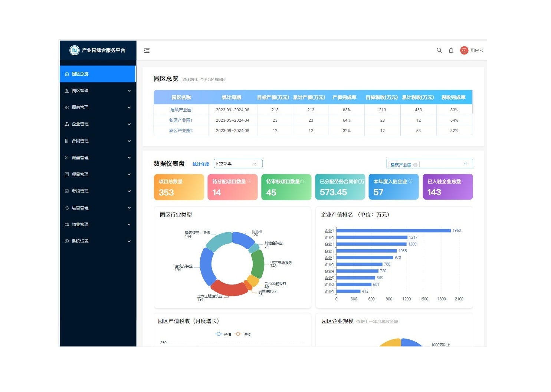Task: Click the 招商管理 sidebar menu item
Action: (x=80, y=108)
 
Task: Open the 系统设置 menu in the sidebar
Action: (x=80, y=241)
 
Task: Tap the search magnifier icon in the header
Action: (x=439, y=50)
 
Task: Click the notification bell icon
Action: (x=451, y=50)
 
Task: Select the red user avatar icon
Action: (x=464, y=50)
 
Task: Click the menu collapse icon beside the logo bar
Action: (x=147, y=50)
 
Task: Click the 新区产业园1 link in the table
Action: (x=181, y=120)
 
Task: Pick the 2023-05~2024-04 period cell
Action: (x=233, y=120)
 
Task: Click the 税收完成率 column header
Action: (x=453, y=98)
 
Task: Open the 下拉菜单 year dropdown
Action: (x=238, y=164)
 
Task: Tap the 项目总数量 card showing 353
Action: (x=179, y=187)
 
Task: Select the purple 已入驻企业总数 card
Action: (x=447, y=187)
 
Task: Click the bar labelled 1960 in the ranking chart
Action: (x=393, y=231)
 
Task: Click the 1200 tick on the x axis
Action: (x=406, y=299)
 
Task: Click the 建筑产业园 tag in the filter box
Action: (x=401, y=165)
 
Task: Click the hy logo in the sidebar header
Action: (x=75, y=50)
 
